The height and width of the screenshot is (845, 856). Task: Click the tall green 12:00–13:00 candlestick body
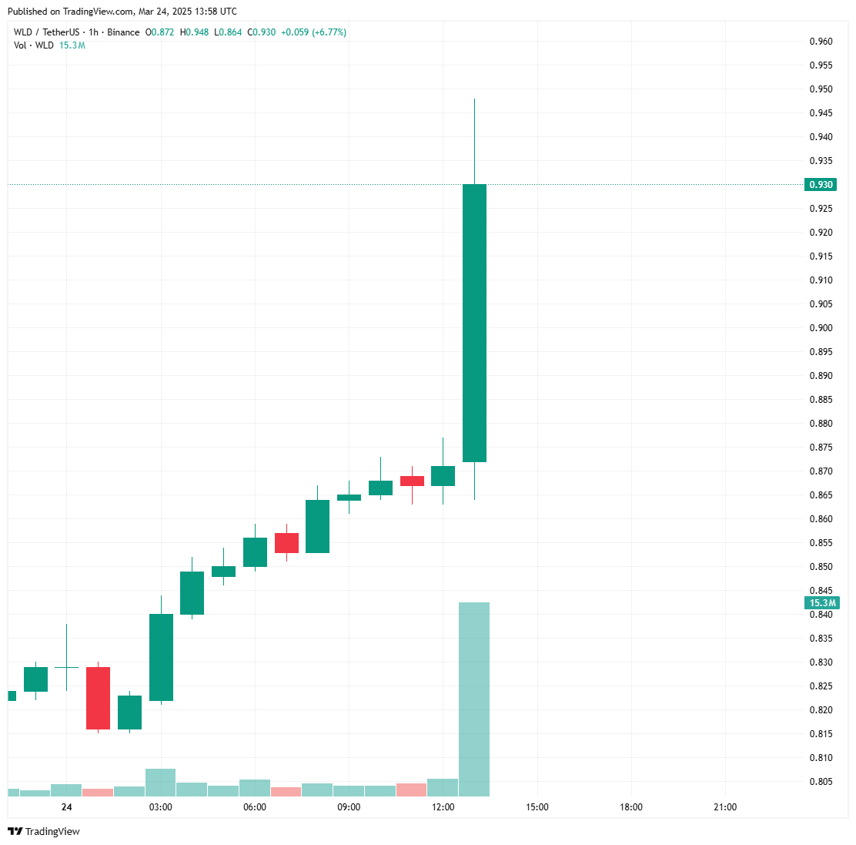tap(474, 323)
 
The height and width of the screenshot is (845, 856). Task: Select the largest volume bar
tap(474, 699)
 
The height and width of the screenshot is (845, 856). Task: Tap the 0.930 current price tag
tap(821, 185)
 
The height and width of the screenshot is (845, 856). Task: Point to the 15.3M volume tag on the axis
tap(822, 603)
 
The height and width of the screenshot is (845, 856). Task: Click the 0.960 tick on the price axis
tap(821, 42)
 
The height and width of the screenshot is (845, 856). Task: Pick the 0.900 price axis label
tap(821, 328)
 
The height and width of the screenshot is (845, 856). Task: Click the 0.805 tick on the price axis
tap(821, 782)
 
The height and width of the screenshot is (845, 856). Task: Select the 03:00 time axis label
tap(161, 807)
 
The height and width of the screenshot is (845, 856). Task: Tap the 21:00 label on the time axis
tap(725, 807)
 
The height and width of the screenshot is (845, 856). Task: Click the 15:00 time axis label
tap(537, 807)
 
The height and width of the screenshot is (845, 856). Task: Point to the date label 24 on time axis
tap(67, 807)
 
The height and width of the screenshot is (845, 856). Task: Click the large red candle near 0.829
tap(98, 698)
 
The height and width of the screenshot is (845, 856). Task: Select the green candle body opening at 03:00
tap(161, 657)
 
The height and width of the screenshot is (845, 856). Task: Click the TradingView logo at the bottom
tap(44, 831)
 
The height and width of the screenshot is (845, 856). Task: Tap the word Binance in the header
tap(123, 32)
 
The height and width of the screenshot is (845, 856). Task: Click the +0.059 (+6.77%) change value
tap(313, 32)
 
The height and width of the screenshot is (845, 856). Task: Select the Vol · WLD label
tap(34, 45)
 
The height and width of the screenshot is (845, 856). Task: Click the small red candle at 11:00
tap(412, 481)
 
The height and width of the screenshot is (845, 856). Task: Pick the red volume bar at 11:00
tap(412, 790)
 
